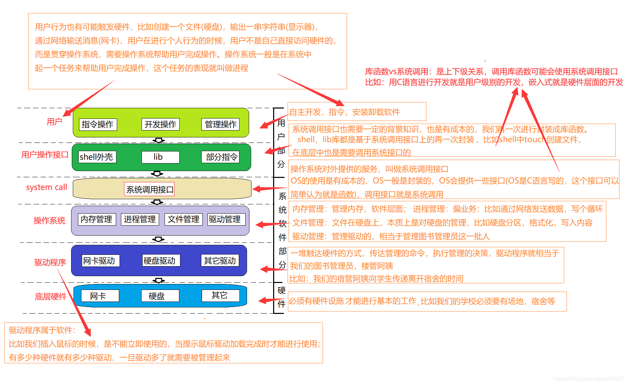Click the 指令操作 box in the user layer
click(x=98, y=124)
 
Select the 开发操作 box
click(x=160, y=124)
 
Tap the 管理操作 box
click(x=220, y=124)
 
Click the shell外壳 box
click(x=97, y=157)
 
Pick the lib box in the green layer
click(x=160, y=157)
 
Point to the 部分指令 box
click(x=220, y=157)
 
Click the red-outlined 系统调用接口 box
click(x=149, y=189)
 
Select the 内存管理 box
click(x=97, y=219)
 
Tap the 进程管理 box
click(x=140, y=219)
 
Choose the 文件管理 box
click(x=184, y=219)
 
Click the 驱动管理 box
click(x=227, y=219)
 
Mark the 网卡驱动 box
click(x=101, y=261)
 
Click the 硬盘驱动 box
click(x=161, y=261)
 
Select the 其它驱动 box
click(x=220, y=261)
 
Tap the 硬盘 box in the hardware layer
click(x=160, y=296)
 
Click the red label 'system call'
click(x=47, y=188)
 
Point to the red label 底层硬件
click(x=51, y=297)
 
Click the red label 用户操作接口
click(x=45, y=155)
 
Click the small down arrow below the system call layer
click(x=157, y=202)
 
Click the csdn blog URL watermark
click(x=588, y=378)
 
